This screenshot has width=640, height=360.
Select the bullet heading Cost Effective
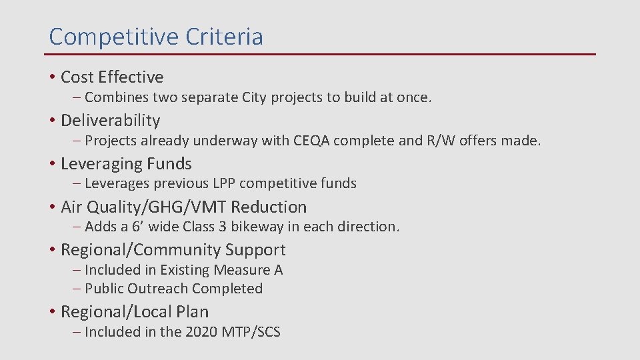(x=112, y=77)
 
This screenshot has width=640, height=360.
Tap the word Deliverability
(x=111, y=121)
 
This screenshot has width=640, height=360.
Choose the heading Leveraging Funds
(x=126, y=164)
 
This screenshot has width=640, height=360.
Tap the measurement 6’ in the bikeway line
(x=137, y=227)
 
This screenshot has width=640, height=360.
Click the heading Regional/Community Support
(x=173, y=250)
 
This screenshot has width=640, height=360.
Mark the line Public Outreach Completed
(x=173, y=289)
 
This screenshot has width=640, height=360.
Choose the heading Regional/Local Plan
(x=135, y=312)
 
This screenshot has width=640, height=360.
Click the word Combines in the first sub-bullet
(x=117, y=97)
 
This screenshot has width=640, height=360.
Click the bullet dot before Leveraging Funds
(x=51, y=164)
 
